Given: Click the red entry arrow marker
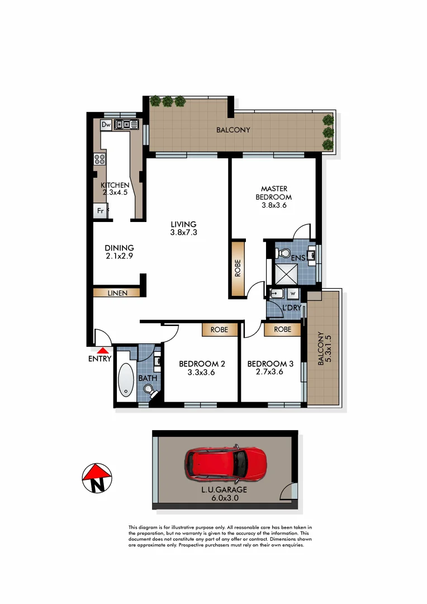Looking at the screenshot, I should (101, 350).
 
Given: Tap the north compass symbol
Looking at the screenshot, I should (97, 479).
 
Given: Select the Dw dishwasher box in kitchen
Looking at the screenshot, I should (106, 124).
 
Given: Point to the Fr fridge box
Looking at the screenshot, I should (100, 211).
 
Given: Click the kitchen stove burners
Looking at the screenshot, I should (100, 159).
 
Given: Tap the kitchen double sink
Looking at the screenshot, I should (126, 124).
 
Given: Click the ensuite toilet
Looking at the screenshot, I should (283, 252).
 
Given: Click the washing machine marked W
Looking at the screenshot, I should (292, 293).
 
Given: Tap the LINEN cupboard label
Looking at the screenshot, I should (116, 292).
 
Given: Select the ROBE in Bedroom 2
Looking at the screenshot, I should (219, 330).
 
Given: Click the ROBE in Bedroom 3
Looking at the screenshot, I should (283, 330).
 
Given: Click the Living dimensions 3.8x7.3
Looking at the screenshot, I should (183, 233).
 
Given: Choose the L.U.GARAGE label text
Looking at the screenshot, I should (225, 489).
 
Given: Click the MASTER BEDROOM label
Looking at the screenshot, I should (273, 193).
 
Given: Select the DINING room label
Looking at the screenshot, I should (119, 248).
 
